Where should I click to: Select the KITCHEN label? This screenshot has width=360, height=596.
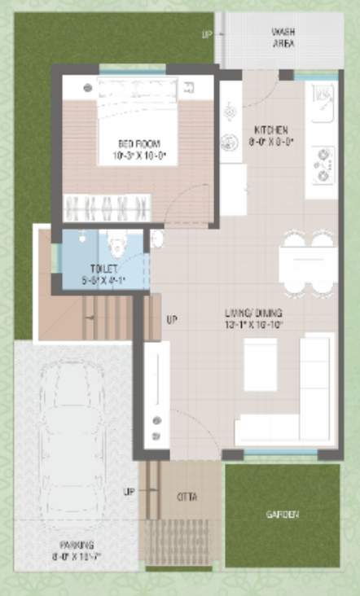pyautogui.click(x=271, y=130)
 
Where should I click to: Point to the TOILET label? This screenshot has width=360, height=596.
pyautogui.click(x=104, y=268)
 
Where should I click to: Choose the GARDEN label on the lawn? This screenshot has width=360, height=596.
pyautogui.click(x=282, y=515)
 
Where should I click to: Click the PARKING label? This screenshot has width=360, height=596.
pyautogui.click(x=76, y=545)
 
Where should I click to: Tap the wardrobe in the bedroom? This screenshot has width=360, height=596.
pyautogui.click(x=108, y=207)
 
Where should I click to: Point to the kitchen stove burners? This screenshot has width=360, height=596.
pyautogui.click(x=323, y=164)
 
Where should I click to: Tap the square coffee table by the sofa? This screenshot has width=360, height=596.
pyautogui.click(x=261, y=364)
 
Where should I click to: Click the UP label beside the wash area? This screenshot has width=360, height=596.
pyautogui.click(x=206, y=34)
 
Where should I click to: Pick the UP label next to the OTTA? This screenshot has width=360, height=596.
pyautogui.click(x=128, y=492)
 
